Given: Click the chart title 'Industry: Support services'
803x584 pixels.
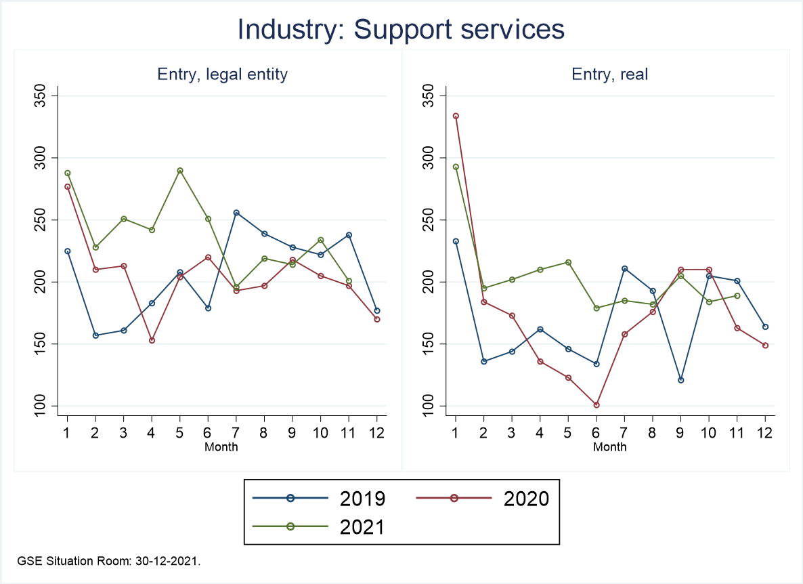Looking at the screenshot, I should pos(401,30).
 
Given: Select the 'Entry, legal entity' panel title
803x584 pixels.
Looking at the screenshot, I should pos(222,75).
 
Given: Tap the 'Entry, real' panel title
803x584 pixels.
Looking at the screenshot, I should pos(610,75).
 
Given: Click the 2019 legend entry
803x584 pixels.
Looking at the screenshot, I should pos(318,499).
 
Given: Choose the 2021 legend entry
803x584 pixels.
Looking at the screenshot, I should pos(318,527).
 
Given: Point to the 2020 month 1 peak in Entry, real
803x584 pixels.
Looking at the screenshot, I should pos(456,116).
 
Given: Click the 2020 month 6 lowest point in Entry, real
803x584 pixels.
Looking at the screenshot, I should pos(596,405).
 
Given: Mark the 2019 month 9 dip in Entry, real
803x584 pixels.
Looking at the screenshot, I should pos(681,380).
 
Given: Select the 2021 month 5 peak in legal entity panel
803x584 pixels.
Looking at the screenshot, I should pos(180,171).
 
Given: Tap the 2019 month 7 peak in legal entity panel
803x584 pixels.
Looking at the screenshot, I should pos(236,213).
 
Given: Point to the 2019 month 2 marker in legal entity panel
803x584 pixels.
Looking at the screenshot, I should pos(95,335).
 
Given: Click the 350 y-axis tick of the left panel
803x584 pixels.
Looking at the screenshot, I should pos(43,96).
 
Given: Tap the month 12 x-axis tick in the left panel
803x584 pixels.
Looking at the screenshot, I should pos(377,433).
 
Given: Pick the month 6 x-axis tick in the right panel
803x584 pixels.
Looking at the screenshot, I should pos(596,433).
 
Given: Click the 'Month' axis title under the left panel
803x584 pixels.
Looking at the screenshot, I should pos(222,446).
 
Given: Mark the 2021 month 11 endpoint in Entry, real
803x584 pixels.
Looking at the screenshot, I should pos(737,295).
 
